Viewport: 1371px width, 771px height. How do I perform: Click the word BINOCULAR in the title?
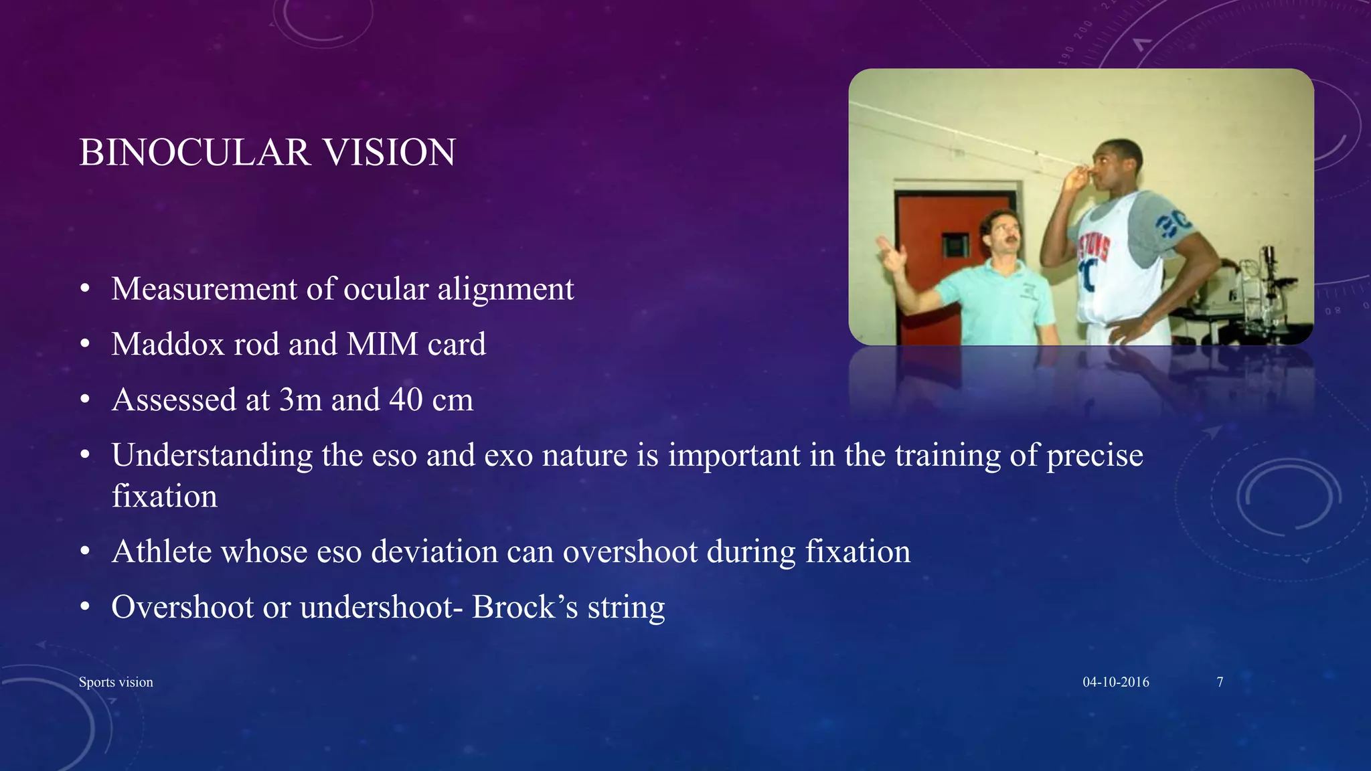195,153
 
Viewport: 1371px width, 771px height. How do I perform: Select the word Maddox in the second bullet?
159,345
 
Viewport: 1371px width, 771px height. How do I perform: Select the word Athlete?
162,552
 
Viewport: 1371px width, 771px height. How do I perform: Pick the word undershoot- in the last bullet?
382,608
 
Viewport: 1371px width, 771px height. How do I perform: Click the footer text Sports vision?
116,682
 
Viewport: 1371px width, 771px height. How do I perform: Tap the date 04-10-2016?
1116,682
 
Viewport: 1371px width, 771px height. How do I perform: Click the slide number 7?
1220,682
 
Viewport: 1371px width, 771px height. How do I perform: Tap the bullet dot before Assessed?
84,400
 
